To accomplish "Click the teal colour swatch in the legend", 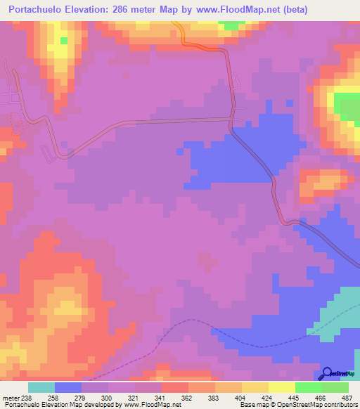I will click(41, 387).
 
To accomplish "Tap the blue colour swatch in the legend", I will click(68, 387).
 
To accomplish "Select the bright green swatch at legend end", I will click(335, 387).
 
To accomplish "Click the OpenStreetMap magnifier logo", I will click(328, 372).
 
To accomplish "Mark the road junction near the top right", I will click(233, 118).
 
